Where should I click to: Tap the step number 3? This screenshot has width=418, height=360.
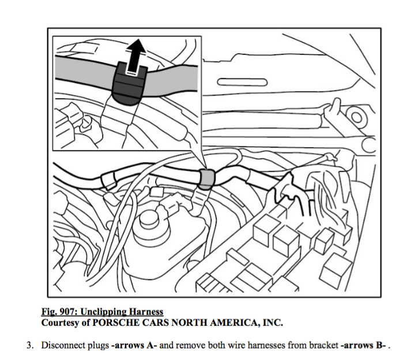pos(28,346)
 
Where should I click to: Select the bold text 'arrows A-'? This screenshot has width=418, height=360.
pos(135,346)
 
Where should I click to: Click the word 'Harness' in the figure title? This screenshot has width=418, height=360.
pos(146,312)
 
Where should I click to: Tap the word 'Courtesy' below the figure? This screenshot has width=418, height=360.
pos(60,322)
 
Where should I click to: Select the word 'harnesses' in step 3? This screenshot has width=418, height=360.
pos(265,346)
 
